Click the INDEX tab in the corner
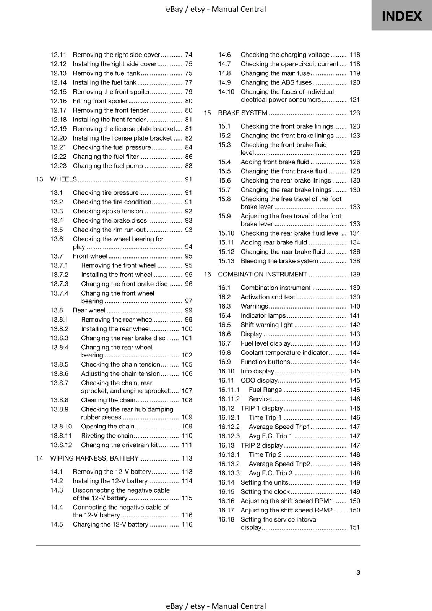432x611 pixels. pos(401,16)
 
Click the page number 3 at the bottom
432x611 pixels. pos(358,572)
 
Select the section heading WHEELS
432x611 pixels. pos(63,179)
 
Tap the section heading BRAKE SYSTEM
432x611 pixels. pos(242,113)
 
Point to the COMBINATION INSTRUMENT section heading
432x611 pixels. pos(262,275)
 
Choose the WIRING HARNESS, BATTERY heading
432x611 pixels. pos(94,458)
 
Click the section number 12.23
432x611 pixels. pos(58,166)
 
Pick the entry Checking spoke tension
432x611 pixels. pos(108,211)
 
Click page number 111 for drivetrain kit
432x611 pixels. pos(187,445)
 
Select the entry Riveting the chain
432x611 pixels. pos(107,436)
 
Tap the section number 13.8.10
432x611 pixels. pos(61,427)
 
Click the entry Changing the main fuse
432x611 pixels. pos(275,73)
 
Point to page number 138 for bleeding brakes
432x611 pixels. pos(354,261)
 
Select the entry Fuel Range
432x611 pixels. pos(265,390)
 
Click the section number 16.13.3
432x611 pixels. pos(229,473)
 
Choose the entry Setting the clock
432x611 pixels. pos(265,492)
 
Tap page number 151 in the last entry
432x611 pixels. pos(354,527)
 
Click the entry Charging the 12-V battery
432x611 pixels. pos(110,525)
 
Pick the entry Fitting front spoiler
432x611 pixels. pos(100,101)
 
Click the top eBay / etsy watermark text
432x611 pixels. pos(216,9)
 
